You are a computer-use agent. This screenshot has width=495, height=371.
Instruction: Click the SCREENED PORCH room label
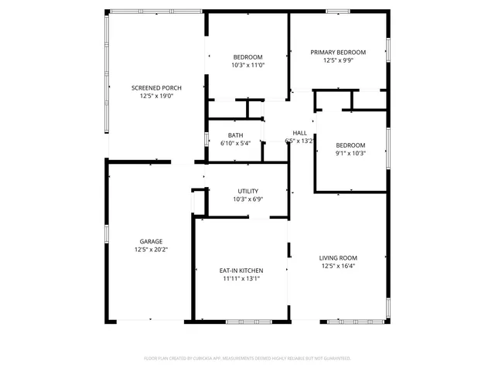tap(156, 88)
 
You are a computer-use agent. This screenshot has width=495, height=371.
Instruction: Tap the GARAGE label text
tap(151, 241)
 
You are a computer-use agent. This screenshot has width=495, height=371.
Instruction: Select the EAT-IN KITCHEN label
tap(241, 271)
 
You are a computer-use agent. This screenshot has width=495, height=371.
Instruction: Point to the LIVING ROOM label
tap(338, 257)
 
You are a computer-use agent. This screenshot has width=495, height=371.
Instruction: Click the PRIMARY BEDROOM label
tap(338, 52)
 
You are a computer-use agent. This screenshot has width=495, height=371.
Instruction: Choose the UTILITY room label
tap(247, 191)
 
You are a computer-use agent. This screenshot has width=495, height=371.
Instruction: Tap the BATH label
tap(236, 134)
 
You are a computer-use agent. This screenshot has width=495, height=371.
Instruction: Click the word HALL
tap(299, 133)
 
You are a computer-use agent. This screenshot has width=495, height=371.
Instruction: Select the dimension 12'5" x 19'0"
tap(156, 97)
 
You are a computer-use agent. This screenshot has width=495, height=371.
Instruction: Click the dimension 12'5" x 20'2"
tap(151, 250)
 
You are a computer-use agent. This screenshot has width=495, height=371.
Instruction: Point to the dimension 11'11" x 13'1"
tap(241, 279)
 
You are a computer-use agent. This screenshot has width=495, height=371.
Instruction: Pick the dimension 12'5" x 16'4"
tap(338, 266)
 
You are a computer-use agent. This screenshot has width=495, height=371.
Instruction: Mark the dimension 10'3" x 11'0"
tap(247, 66)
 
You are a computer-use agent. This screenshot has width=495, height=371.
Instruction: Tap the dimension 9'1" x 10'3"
tap(350, 153)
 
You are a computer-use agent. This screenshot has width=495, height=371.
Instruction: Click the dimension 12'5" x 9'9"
tap(338, 60)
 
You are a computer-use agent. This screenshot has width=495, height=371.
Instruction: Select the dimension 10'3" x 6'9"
tap(247, 199)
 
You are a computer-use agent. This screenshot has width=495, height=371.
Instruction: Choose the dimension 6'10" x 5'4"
tap(236, 143)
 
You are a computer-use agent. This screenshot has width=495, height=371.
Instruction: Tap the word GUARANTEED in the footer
tap(335, 359)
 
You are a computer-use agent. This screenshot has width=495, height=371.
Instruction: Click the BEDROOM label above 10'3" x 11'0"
tap(247, 57)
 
